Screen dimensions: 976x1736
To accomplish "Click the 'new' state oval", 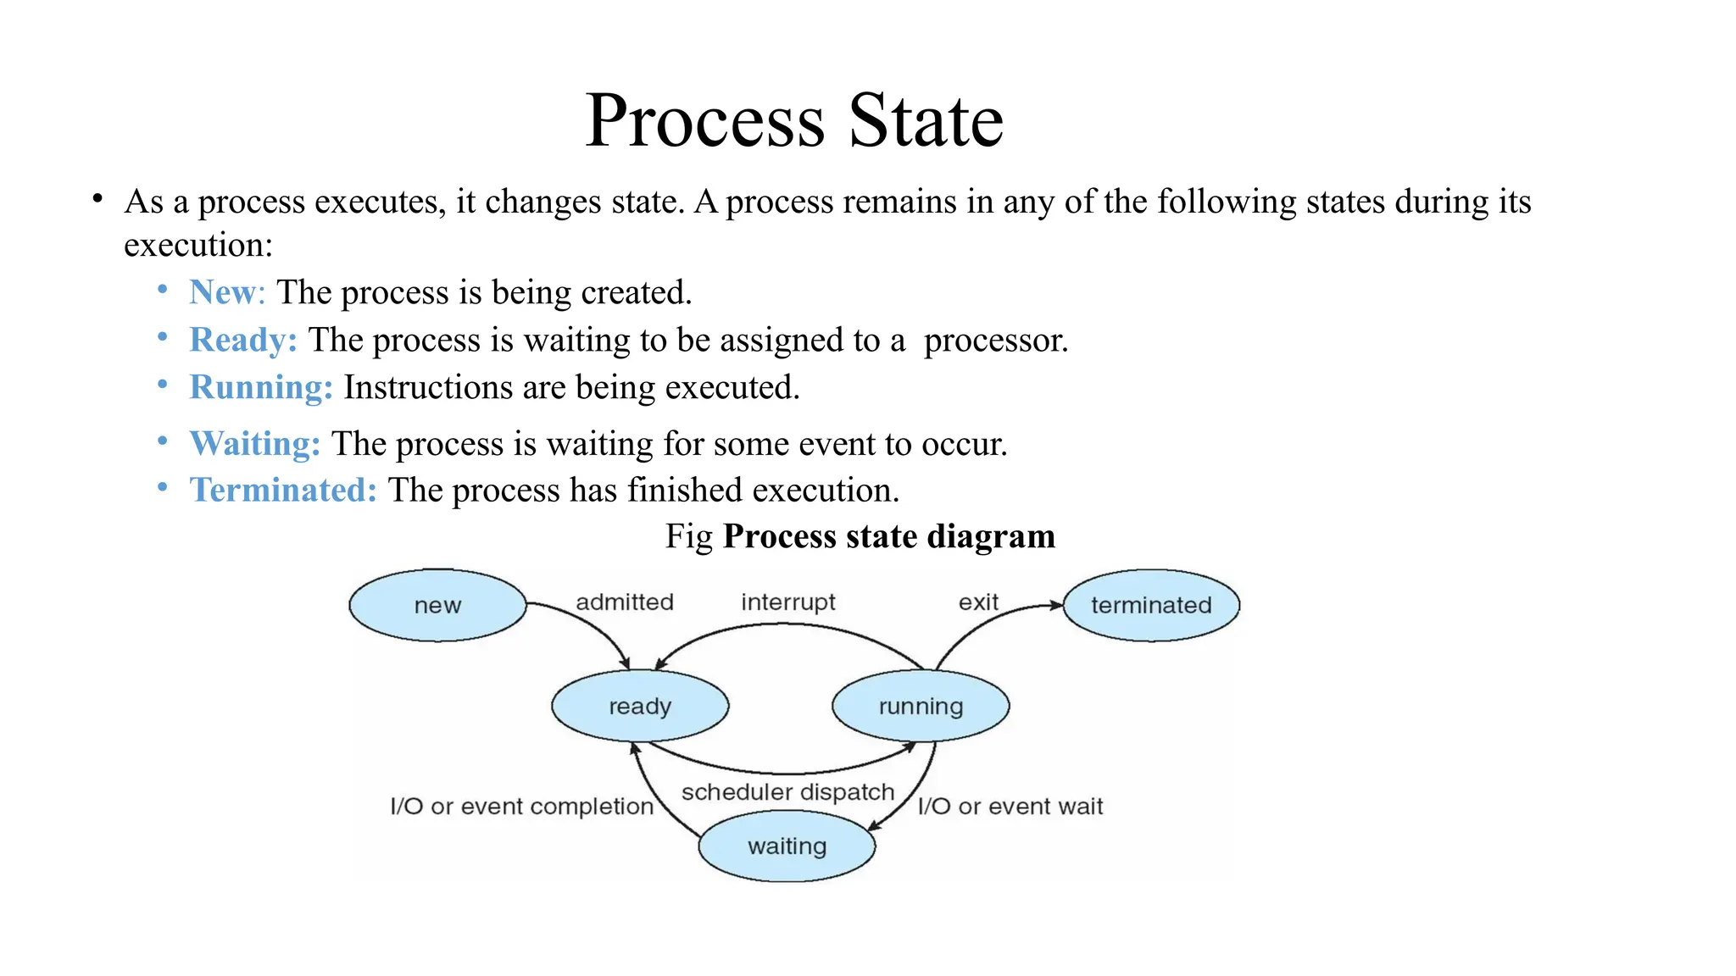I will coord(437,605).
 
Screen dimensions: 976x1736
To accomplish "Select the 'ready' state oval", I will coord(640,706).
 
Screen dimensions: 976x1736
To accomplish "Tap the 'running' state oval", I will coord(921,706).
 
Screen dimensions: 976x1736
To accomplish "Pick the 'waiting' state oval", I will coord(787,846).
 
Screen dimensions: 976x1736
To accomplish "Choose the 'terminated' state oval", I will coord(1151,605).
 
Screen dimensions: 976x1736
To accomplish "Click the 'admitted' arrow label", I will coord(625,602).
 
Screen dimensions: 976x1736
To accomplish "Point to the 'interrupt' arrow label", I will coord(788,602).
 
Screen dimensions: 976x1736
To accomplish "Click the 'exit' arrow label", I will coord(978,602).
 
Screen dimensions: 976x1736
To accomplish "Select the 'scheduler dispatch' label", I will coord(787,792).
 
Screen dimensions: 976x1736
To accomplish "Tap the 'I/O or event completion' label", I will coord(521,807).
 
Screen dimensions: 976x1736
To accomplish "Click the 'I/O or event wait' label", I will coord(1010,807).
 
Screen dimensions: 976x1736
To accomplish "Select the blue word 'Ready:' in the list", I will coord(243,340).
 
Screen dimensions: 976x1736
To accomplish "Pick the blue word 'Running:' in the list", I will coord(261,387).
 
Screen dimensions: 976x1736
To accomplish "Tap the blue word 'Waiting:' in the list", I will coord(254,444).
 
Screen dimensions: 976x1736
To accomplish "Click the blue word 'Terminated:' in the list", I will coord(283,491).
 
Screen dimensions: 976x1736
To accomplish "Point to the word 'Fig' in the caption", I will coord(688,536).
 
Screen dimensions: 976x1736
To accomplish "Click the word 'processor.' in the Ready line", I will coord(996,340).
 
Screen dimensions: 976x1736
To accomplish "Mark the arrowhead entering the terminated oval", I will coord(1057,605).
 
